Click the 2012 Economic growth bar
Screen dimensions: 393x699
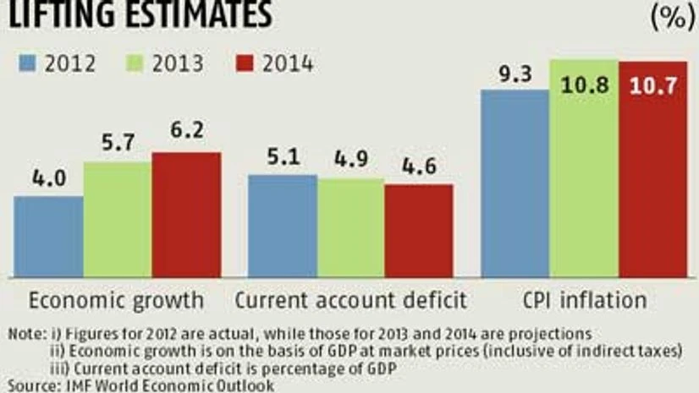point(48,237)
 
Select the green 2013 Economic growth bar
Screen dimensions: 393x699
point(118,220)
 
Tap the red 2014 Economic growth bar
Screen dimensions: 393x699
point(186,215)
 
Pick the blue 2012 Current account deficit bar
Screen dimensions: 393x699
point(283,226)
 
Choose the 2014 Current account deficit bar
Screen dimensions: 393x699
point(419,231)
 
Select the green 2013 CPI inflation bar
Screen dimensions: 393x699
point(584,169)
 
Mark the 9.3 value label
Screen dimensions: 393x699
point(515,74)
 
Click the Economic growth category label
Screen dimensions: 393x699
point(117,301)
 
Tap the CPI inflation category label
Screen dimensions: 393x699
point(584,301)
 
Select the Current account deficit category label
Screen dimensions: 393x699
point(350,301)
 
